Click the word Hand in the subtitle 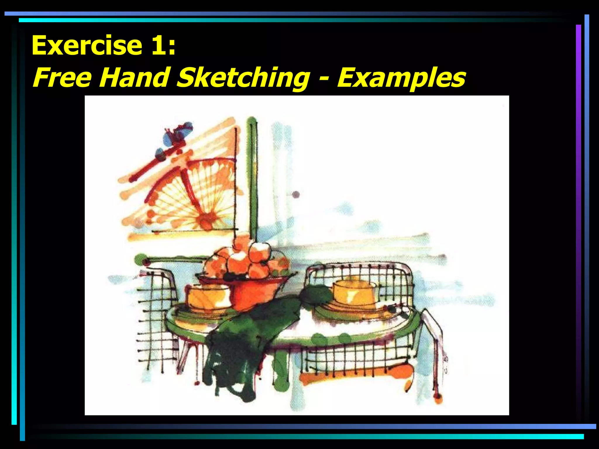[x=134, y=77]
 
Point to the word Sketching [x=243, y=78]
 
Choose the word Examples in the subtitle [x=401, y=78]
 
